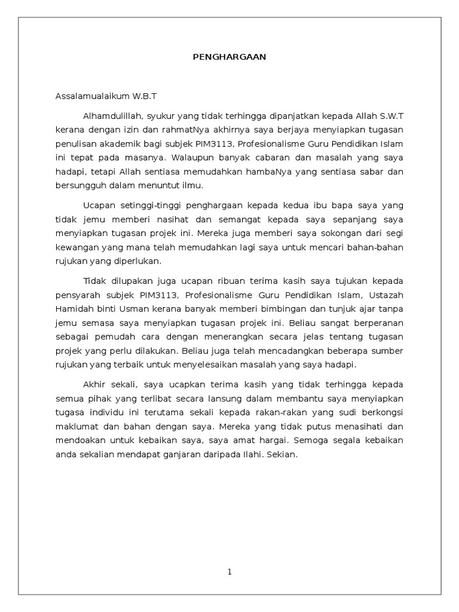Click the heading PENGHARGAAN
coord(229,57)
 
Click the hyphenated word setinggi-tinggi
coord(142,206)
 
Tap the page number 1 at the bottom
coord(229,572)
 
